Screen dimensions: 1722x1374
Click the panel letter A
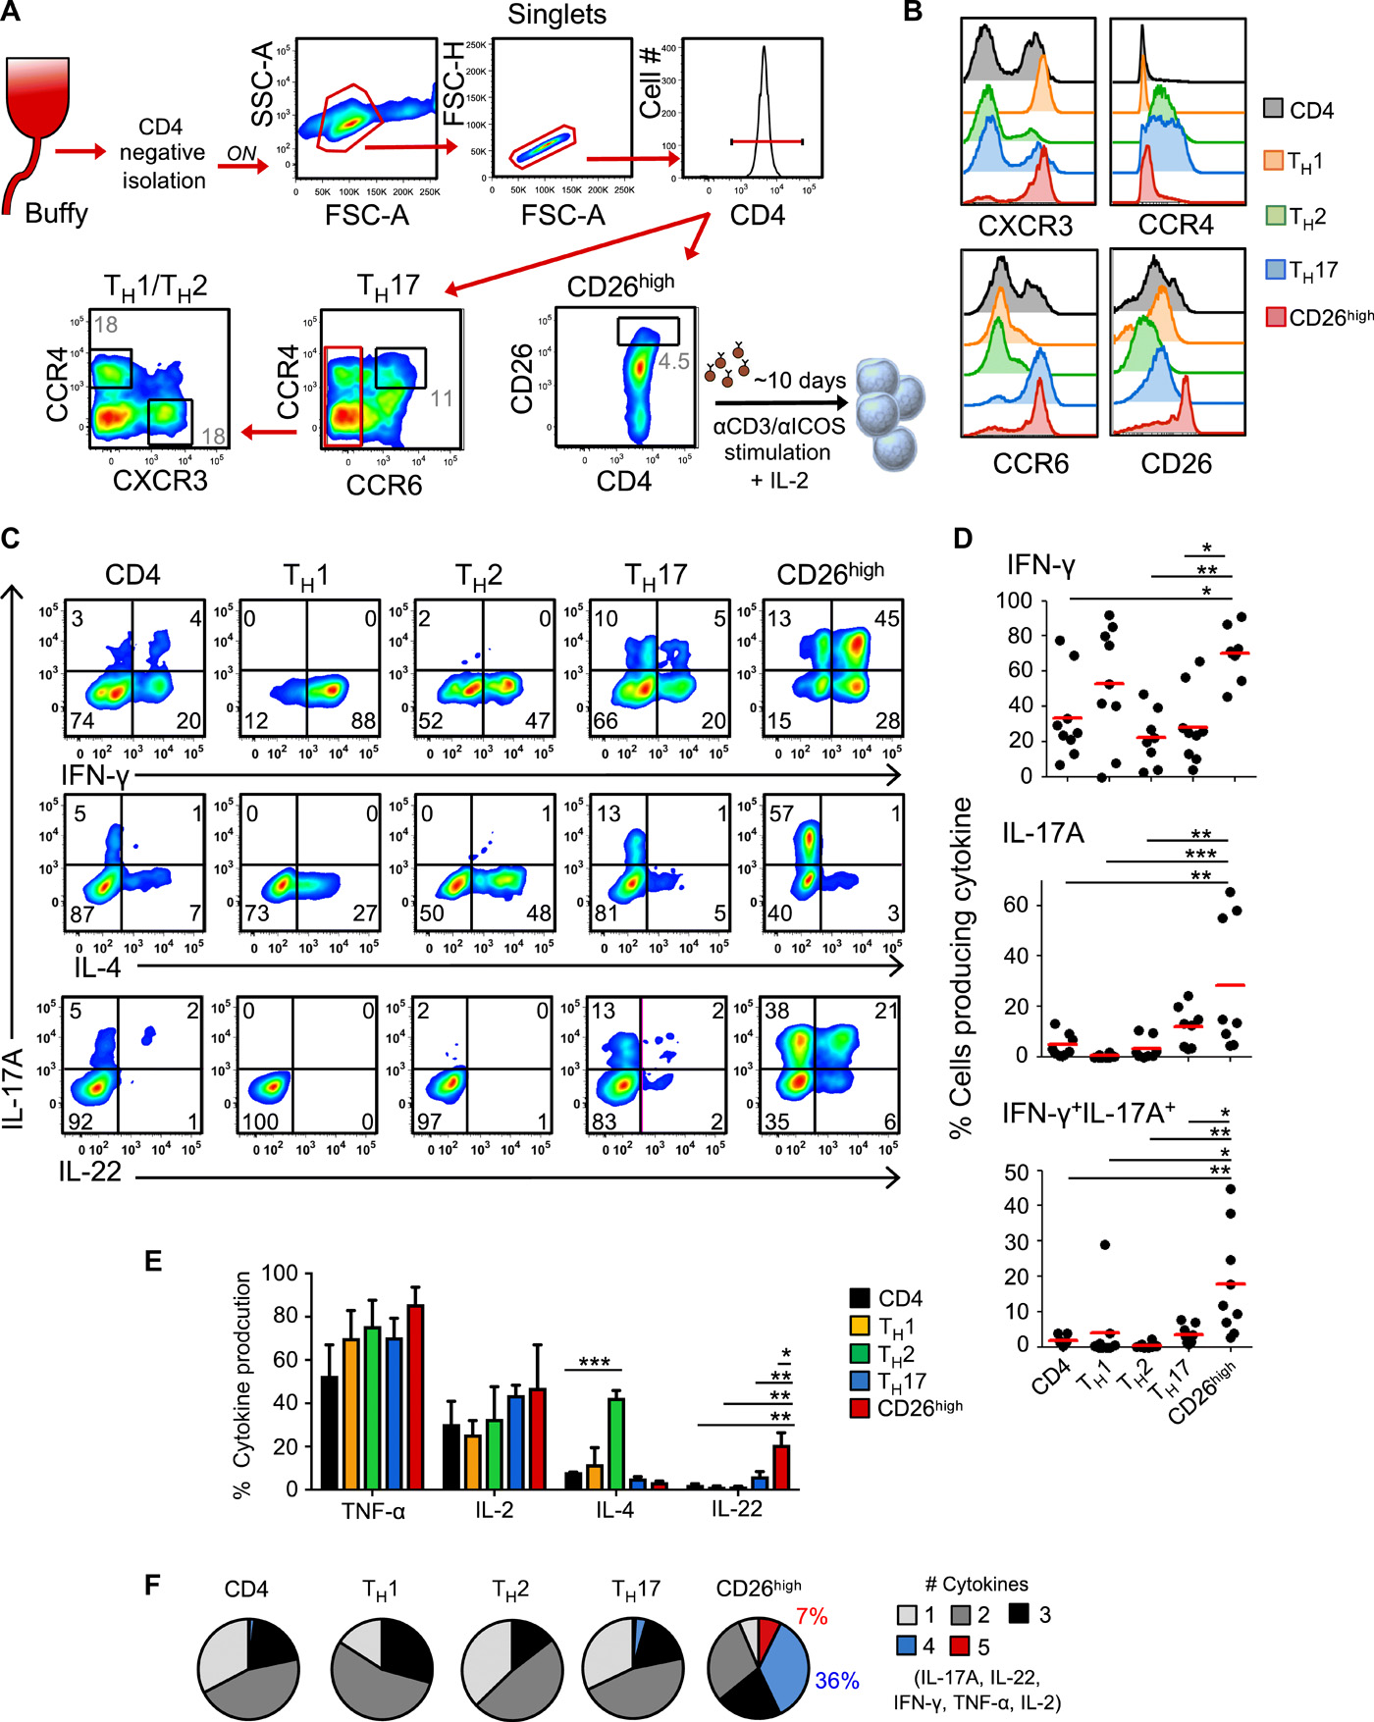[x=11, y=13]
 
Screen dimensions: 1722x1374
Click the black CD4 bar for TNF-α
[x=330, y=1433]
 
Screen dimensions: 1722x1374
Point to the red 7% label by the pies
[x=812, y=1616]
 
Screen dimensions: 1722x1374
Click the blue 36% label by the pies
[x=837, y=1681]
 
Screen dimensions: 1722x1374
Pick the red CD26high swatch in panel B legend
[x=1276, y=317]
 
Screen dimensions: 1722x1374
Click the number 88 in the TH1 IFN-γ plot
[x=363, y=720]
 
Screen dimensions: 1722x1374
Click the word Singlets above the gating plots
[x=556, y=15]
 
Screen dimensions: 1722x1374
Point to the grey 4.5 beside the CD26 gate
[x=674, y=361]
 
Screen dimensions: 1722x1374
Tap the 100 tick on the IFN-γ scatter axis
[x=1014, y=600]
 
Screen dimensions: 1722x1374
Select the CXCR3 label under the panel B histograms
[x=1026, y=227]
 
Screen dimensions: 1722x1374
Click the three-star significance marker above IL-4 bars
[x=594, y=1362]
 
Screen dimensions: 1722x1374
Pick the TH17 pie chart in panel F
[x=629, y=1667]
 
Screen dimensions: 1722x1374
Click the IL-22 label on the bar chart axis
[x=736, y=1509]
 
